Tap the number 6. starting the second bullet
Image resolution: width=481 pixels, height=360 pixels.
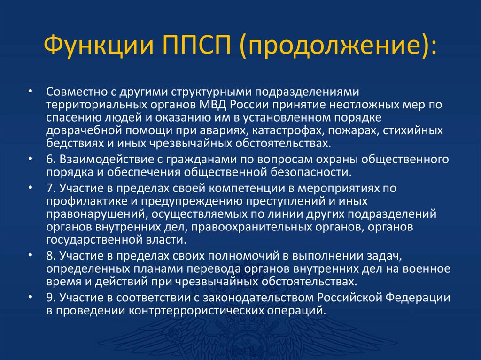pyautogui.click(x=51, y=160)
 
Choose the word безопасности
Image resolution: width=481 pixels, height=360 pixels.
pyautogui.click(x=310, y=172)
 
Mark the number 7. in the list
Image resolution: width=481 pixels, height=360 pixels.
pyautogui.click(x=51, y=189)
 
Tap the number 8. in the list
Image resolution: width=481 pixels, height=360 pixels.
pyautogui.click(x=51, y=257)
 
